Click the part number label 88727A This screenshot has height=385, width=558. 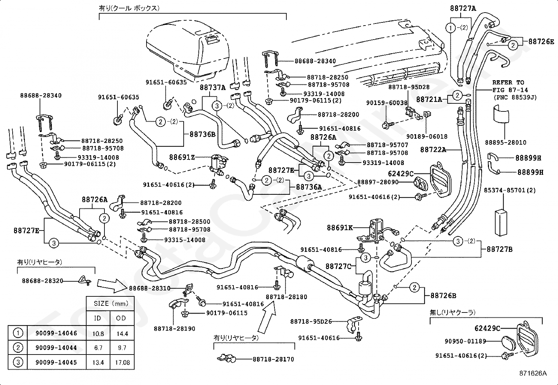click(x=463, y=8)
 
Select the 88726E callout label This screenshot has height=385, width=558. click(x=541, y=42)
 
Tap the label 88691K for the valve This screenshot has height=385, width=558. click(x=340, y=228)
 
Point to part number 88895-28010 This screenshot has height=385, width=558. click(x=505, y=143)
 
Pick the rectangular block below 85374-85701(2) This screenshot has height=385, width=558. click(x=501, y=222)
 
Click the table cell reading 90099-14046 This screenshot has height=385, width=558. click(x=56, y=333)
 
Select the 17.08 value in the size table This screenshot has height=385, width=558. click(x=122, y=362)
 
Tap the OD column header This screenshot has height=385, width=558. click(x=121, y=318)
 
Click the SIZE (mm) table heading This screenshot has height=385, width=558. click(x=111, y=304)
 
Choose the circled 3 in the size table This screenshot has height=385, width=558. click(x=18, y=362)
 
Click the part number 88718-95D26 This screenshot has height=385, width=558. click(x=311, y=322)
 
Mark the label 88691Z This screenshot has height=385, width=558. click(x=182, y=157)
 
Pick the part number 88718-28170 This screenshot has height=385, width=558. click(x=273, y=359)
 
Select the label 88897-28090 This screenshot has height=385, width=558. click(x=378, y=182)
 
